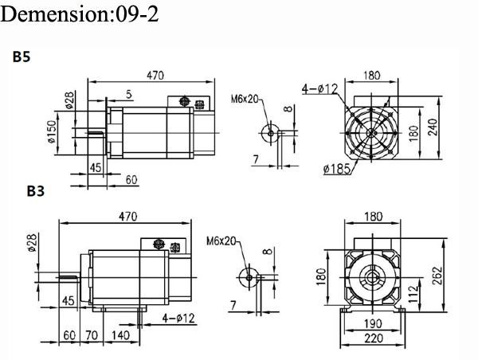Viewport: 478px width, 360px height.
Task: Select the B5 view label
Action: [x=22, y=58]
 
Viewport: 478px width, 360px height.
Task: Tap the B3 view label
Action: [x=36, y=191]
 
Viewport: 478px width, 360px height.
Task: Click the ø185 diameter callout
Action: [x=339, y=168]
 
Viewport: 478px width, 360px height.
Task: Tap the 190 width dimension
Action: [x=372, y=324]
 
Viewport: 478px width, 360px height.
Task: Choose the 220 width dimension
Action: [x=372, y=338]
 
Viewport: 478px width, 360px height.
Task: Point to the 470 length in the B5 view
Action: [x=155, y=76]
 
